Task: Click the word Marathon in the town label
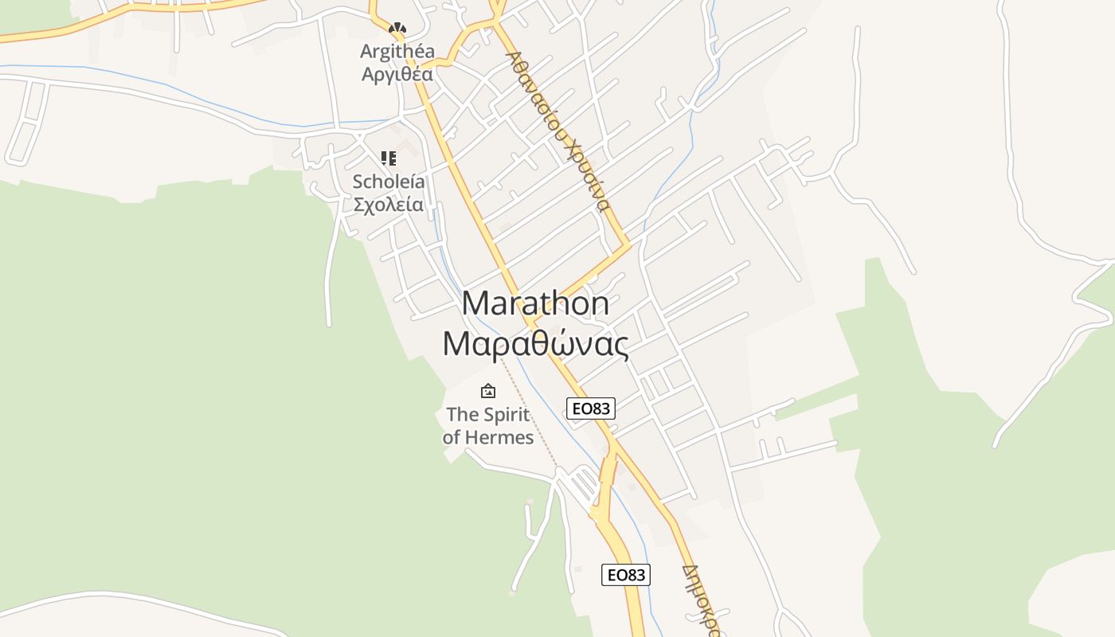(535, 303)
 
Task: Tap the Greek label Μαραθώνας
(535, 344)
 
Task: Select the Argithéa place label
(397, 52)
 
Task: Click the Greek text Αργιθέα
(397, 75)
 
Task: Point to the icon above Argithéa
(397, 29)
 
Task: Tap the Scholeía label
(389, 182)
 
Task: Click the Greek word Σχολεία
(389, 205)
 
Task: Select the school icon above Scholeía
(389, 158)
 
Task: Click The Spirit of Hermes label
(488, 425)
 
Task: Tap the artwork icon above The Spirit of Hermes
(488, 391)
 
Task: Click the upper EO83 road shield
(591, 408)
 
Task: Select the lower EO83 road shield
(625, 574)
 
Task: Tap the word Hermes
(499, 437)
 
